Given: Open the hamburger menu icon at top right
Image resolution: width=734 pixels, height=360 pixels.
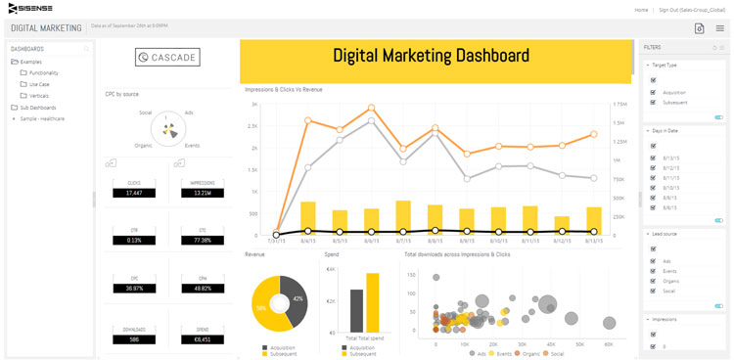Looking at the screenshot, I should (x=719, y=28).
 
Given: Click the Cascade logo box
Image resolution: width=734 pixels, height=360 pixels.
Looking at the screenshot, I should (x=167, y=58).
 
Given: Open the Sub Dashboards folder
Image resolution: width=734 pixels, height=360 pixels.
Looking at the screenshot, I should (x=36, y=108).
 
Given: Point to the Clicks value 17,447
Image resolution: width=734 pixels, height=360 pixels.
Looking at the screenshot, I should (x=134, y=193).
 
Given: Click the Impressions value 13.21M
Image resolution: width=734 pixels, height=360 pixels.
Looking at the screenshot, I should (x=204, y=193).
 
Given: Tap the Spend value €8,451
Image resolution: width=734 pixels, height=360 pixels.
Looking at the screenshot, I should (x=204, y=339).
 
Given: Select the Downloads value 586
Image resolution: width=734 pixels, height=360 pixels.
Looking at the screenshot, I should (x=134, y=339).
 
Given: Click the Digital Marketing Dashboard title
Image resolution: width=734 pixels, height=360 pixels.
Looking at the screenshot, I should (x=431, y=56).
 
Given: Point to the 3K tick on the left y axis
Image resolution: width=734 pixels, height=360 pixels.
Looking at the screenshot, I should (x=253, y=104).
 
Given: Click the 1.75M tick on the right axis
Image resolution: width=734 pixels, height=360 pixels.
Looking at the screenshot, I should (x=619, y=104).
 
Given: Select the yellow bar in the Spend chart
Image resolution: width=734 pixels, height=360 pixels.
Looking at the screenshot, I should (x=372, y=302).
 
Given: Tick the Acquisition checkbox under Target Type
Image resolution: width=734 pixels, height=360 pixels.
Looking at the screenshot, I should (x=653, y=93).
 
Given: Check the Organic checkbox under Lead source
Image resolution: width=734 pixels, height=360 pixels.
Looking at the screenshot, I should (x=653, y=281).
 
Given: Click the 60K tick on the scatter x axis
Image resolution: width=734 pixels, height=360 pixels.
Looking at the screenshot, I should (x=609, y=343).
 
